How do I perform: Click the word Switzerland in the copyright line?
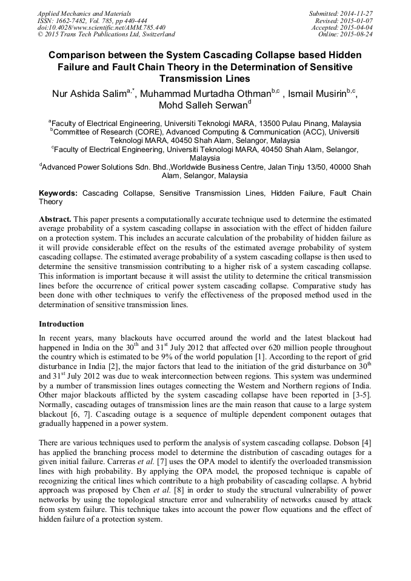coord(153,35)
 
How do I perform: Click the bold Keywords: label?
coord(58,193)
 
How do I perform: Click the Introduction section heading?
coord(61,324)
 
